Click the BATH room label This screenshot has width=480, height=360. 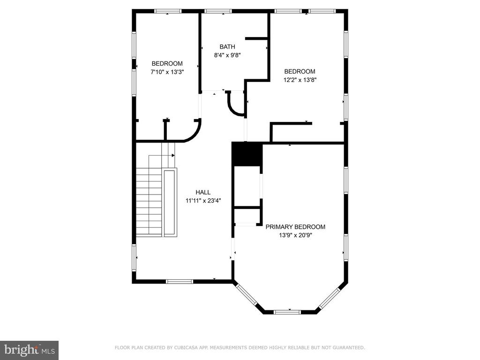pos(227,46)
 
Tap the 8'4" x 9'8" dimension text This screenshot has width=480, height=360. pos(227,55)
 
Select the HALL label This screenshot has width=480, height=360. pos(203,192)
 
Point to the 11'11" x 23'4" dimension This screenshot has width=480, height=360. pos(203,201)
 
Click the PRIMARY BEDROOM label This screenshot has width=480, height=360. pos(295,227)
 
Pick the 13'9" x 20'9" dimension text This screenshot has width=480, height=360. pos(295,235)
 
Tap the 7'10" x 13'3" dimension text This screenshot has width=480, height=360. pos(167,72)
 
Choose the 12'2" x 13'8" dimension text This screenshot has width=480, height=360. pos(300,80)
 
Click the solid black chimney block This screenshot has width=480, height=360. pos(247,154)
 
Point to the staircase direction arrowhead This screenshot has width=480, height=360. pos(173,156)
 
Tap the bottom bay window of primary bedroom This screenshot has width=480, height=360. pos(287,312)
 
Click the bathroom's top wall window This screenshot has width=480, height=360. pos(218,11)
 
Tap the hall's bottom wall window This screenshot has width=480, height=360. pos(180,281)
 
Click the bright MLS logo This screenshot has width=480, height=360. pos(30,350)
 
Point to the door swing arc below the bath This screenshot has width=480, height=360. pos(235,104)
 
